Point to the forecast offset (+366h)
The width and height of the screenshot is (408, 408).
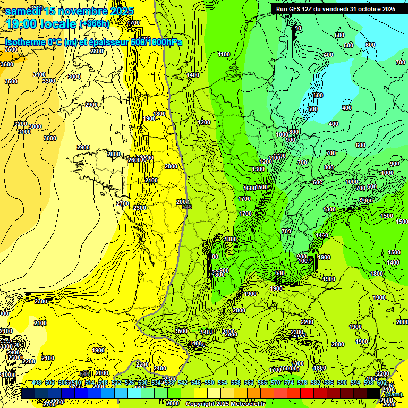pyautogui.click(x=95, y=24)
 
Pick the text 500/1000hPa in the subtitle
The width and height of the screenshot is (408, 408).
pyautogui.click(x=155, y=42)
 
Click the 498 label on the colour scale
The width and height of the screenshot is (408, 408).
pyautogui.click(x=36, y=383)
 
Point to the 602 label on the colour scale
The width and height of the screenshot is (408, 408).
pyautogui.click(x=381, y=383)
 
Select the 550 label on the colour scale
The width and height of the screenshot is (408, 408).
pyautogui.click(x=209, y=383)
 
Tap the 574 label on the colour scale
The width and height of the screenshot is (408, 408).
pyautogui.click(x=288, y=383)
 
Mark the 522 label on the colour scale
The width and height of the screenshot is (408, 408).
pyautogui.click(x=116, y=383)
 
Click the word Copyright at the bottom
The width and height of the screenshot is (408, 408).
pyautogui.click(x=202, y=404)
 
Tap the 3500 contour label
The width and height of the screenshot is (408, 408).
pyautogui.click(x=11, y=81)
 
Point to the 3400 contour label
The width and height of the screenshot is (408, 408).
pyautogui.click(x=39, y=74)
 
